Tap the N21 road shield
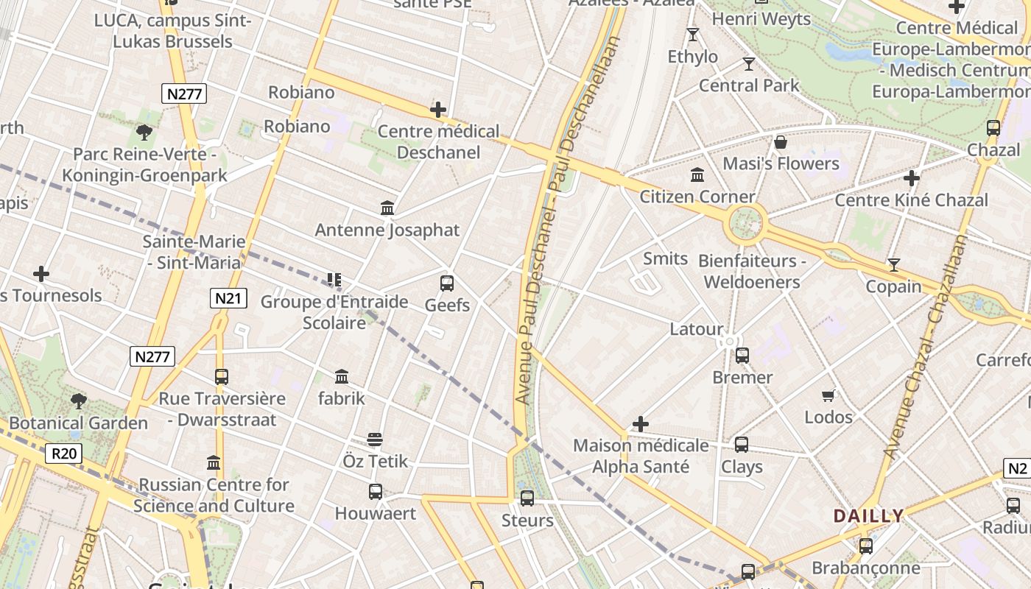[228, 298]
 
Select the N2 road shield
[1017, 468]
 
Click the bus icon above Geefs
[446, 283]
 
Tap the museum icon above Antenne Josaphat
[387, 208]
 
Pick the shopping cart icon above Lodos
[828, 396]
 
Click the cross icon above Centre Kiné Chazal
[912, 178]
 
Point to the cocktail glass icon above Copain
[894, 265]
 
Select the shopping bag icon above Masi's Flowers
[781, 142]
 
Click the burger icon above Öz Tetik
[375, 440]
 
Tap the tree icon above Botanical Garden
[79, 401]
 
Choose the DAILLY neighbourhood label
[868, 516]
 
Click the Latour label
[697, 329]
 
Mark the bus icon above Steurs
[527, 498]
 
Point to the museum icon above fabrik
[342, 377]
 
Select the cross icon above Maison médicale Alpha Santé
[641, 424]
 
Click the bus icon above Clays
[742, 445]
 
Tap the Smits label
[665, 258]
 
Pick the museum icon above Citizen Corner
[697, 175]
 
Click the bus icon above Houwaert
[376, 492]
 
